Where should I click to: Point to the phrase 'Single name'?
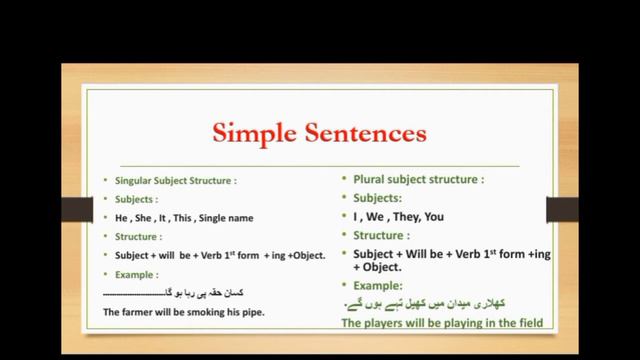(225, 217)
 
